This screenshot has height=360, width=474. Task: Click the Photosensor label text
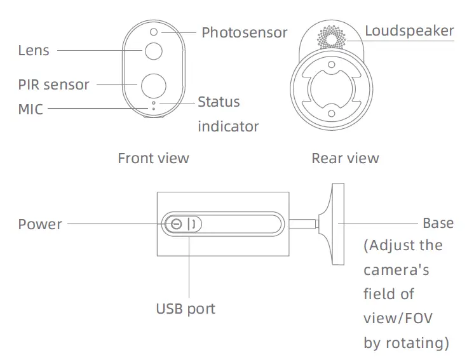pyautogui.click(x=244, y=32)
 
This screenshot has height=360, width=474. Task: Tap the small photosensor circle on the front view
pyautogui.click(x=153, y=31)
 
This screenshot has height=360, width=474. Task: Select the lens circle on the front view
pyautogui.click(x=153, y=51)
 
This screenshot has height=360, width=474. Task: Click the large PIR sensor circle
pyautogui.click(x=153, y=84)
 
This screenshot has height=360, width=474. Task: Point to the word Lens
pyautogui.click(x=33, y=50)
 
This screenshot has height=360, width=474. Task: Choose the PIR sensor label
pyautogui.click(x=53, y=84)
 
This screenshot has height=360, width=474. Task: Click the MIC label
pyautogui.click(x=30, y=109)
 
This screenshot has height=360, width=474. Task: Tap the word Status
pyautogui.click(x=219, y=102)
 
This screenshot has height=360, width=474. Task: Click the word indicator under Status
pyautogui.click(x=228, y=126)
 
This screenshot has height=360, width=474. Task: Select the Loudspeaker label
pyautogui.click(x=409, y=30)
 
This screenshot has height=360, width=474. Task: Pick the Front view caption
pyautogui.click(x=153, y=158)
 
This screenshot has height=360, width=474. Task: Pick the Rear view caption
pyautogui.click(x=345, y=158)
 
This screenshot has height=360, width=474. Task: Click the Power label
pyautogui.click(x=40, y=224)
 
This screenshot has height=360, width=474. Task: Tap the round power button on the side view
pyautogui.click(x=176, y=224)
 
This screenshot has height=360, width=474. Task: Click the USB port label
pyautogui.click(x=186, y=309)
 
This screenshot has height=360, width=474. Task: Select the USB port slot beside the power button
pyautogui.click(x=193, y=224)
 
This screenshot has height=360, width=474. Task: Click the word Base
pyautogui.click(x=438, y=223)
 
